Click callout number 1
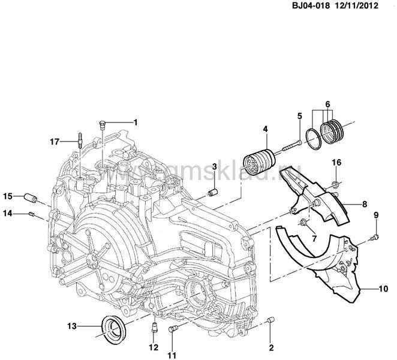point(136,122)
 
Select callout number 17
point(55,142)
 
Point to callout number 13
point(72,326)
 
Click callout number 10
point(382,289)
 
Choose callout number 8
point(364,204)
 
